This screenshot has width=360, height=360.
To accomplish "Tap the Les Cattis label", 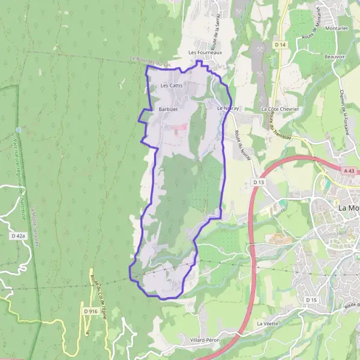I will click(x=171, y=86).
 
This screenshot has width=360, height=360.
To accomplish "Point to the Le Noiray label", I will click(x=229, y=109).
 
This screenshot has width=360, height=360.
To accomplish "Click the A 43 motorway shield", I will click(x=350, y=170).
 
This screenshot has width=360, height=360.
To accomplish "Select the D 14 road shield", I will click(x=280, y=44).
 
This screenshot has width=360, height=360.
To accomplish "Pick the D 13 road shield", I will click(x=259, y=182).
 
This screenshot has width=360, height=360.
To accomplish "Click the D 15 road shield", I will click(x=311, y=299).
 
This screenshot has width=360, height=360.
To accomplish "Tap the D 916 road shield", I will click(x=90, y=311).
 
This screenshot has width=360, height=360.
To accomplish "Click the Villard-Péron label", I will click(x=205, y=340).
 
